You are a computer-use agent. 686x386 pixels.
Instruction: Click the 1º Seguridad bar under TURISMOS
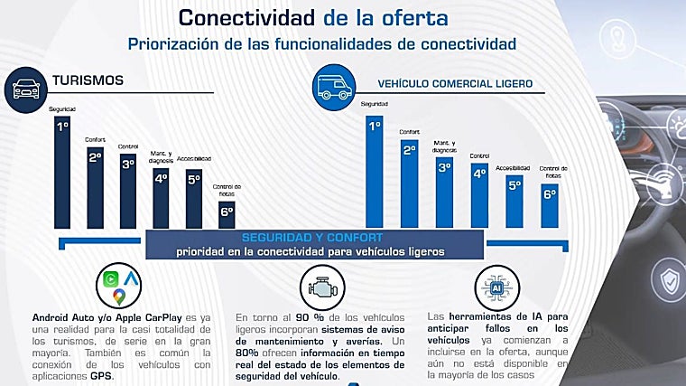62,172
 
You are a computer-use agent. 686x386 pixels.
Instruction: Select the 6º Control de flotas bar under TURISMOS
227,212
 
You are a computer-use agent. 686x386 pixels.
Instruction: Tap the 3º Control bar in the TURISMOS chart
128,191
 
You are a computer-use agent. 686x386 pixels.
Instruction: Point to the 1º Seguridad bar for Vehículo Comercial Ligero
374,172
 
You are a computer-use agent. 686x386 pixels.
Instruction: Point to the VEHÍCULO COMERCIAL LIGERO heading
454,83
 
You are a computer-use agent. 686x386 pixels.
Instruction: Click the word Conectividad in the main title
237,16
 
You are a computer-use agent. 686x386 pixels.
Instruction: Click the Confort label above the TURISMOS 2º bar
95,139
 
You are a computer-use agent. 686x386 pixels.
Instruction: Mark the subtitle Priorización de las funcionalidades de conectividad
322,42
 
